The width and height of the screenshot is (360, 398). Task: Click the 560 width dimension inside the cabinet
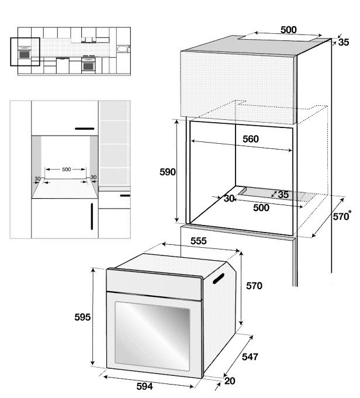point(250,139)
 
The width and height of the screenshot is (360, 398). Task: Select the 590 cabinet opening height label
point(168,172)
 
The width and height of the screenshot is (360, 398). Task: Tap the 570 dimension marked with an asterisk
point(342,217)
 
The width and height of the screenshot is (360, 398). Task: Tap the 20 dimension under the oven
point(229,381)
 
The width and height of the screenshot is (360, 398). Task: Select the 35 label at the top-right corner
point(343,42)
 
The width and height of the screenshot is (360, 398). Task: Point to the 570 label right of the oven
point(254,286)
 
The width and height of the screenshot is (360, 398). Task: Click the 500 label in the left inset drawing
point(66,169)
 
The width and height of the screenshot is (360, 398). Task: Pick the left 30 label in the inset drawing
point(37,178)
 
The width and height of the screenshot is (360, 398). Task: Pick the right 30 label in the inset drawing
point(94,178)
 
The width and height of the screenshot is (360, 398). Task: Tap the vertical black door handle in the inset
point(92,216)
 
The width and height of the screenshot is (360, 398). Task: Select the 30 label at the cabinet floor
point(229,199)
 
